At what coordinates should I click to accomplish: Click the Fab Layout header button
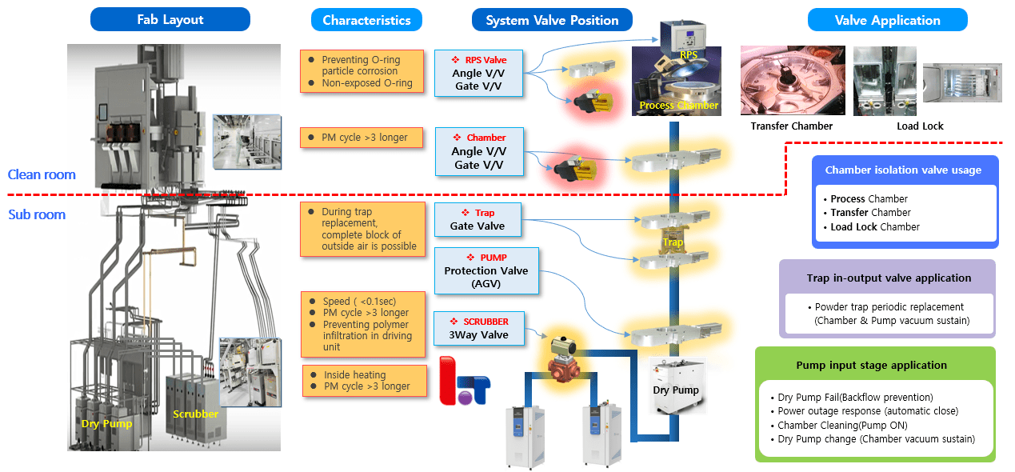tap(170, 20)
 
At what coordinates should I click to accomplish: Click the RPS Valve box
tap(478, 74)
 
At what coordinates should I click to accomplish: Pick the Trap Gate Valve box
tap(478, 219)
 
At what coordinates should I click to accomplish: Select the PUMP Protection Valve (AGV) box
tap(486, 271)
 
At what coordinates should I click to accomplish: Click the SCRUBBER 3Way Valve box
tap(478, 328)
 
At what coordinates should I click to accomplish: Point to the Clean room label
tap(42, 174)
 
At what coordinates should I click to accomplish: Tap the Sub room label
tap(37, 214)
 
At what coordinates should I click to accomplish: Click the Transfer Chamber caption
tap(791, 126)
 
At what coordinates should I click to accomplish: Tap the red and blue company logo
tap(465, 385)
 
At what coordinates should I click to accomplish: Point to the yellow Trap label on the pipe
tap(673, 242)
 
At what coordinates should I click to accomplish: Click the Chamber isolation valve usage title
tap(902, 170)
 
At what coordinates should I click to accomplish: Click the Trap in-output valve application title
tap(887, 278)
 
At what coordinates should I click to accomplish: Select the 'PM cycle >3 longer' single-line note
tap(364, 138)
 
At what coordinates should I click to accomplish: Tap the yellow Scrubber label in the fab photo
tap(196, 414)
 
